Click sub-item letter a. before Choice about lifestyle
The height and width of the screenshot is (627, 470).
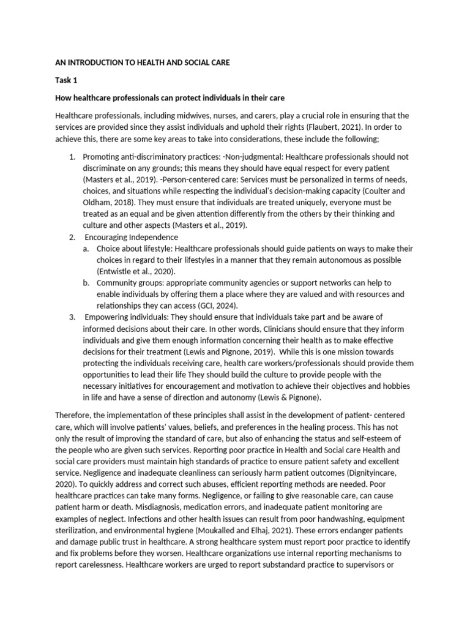tap(88, 249)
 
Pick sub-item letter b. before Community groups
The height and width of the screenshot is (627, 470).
tap(88, 282)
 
